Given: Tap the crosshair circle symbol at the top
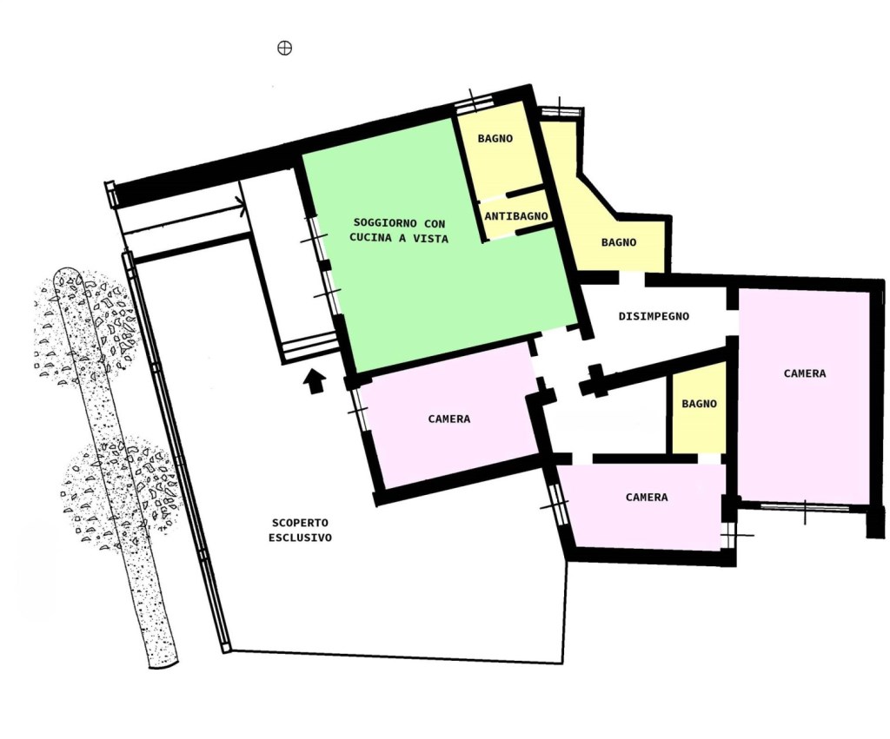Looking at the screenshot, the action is [284, 49].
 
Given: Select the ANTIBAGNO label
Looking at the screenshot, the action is [516, 216].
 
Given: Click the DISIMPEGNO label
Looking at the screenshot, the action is [654, 316].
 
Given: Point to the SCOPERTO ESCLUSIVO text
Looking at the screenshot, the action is [300, 531].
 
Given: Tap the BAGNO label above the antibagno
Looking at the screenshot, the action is [495, 138].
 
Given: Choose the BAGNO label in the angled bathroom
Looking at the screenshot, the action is [619, 243].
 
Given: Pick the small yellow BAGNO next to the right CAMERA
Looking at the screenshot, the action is [700, 404].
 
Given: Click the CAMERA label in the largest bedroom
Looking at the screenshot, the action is [805, 373].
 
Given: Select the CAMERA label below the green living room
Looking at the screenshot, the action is [449, 419].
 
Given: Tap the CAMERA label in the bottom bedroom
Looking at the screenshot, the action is [647, 498].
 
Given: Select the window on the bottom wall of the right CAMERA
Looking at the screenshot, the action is [805, 506].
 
